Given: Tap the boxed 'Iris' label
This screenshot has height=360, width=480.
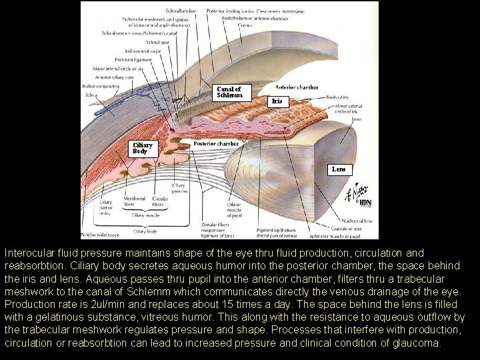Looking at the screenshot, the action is [277, 101].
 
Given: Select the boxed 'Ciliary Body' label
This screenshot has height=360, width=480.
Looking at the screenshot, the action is [142, 147].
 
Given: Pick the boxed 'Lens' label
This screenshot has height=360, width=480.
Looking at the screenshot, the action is [339, 169].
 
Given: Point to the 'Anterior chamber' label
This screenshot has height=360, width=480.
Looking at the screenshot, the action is [297, 87].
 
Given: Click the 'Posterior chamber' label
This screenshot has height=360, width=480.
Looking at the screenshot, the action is [215, 143].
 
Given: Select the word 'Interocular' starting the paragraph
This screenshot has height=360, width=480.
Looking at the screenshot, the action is [28, 253].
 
